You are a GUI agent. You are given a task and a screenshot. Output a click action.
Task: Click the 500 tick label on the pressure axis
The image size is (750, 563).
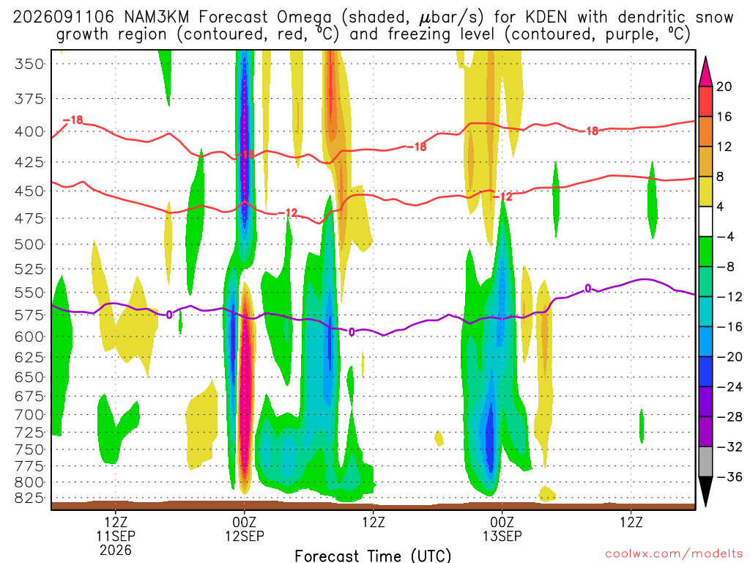click(29, 245)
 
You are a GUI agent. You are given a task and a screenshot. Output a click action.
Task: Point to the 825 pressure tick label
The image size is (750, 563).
click(29, 498)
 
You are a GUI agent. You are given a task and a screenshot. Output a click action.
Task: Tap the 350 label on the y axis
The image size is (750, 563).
click(29, 65)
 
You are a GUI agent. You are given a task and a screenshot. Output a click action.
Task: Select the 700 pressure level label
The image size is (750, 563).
click(29, 415)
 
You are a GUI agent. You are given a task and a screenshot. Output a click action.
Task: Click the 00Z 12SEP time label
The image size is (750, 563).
click(245, 529)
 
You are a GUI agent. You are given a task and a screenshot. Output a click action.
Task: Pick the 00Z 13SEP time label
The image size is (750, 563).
click(502, 529)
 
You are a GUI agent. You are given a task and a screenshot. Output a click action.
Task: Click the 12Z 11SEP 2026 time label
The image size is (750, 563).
click(116, 536)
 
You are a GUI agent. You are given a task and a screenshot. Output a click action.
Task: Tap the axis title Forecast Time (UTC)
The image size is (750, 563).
click(373, 556)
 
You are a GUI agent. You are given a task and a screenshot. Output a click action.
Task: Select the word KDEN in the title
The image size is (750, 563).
click(546, 18)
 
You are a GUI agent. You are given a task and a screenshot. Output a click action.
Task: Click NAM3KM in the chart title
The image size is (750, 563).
click(157, 18)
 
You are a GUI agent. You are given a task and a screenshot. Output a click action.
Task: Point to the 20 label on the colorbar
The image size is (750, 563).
click(724, 87)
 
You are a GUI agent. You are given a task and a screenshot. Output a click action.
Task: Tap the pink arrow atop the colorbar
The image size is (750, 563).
click(705, 71)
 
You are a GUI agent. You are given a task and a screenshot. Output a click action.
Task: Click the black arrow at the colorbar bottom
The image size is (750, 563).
click(705, 492)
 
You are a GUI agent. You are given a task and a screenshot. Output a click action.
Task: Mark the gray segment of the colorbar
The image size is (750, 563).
click(705, 462)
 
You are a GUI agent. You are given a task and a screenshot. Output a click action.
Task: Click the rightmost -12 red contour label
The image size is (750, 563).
click(502, 196)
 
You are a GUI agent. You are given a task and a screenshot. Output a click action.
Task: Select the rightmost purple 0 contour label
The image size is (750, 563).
click(588, 288)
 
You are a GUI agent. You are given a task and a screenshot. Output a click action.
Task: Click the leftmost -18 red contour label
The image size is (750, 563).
click(74, 119)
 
